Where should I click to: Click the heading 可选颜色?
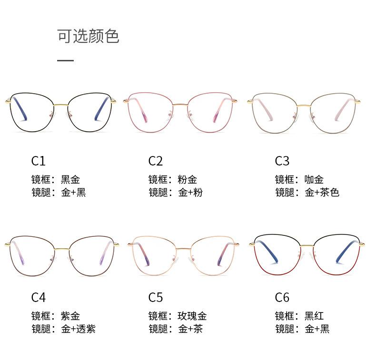(x=88, y=36)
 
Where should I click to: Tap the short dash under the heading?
(x=65, y=60)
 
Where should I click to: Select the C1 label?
(x=38, y=161)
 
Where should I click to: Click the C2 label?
(x=156, y=161)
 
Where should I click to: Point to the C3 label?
(x=282, y=161)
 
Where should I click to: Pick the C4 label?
(x=38, y=297)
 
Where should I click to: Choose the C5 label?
(x=156, y=297)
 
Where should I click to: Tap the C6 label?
(x=282, y=297)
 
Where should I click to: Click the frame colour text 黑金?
(x=70, y=180)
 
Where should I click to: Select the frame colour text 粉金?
(x=188, y=180)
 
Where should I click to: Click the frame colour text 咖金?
(x=314, y=180)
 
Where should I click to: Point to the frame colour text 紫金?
(x=70, y=316)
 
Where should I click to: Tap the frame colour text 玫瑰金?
(x=192, y=316)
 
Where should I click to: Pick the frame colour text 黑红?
(x=314, y=316)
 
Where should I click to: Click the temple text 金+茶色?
(x=322, y=193)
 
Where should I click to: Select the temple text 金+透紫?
(x=79, y=329)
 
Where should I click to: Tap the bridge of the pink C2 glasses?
(x=180, y=103)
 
